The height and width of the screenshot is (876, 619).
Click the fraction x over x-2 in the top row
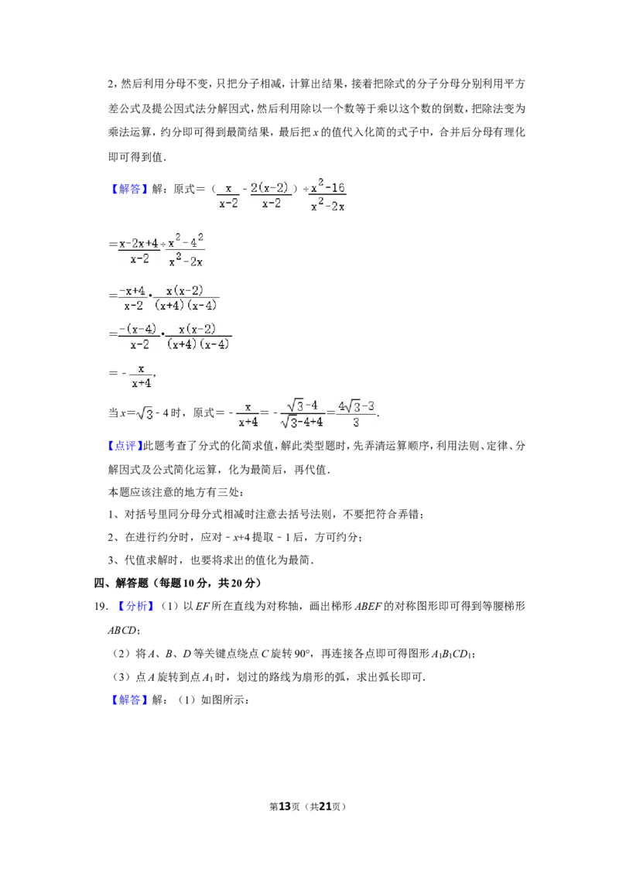coord(227,195)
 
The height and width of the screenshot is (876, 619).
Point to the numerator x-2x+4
coord(139,243)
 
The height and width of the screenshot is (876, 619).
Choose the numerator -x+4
coord(132,290)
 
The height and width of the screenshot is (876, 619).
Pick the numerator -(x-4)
coord(138,328)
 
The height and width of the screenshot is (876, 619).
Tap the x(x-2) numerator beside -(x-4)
coord(197,328)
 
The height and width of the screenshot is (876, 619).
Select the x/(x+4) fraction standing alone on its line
coord(141,375)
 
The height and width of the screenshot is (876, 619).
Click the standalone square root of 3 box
coord(143,415)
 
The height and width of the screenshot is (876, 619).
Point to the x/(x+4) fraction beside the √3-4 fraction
coord(248,414)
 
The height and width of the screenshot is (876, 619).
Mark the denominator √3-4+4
coord(303,423)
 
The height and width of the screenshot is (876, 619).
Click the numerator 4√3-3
coord(356,406)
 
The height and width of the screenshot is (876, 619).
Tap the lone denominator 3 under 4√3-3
coord(355,423)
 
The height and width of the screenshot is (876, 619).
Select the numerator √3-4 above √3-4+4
coord(303,405)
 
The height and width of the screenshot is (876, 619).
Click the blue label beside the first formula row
coord(129,189)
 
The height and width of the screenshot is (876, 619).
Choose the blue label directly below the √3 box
coord(125,446)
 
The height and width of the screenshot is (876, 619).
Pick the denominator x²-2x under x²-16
coord(328,206)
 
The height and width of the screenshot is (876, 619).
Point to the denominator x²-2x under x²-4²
coord(186,262)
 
